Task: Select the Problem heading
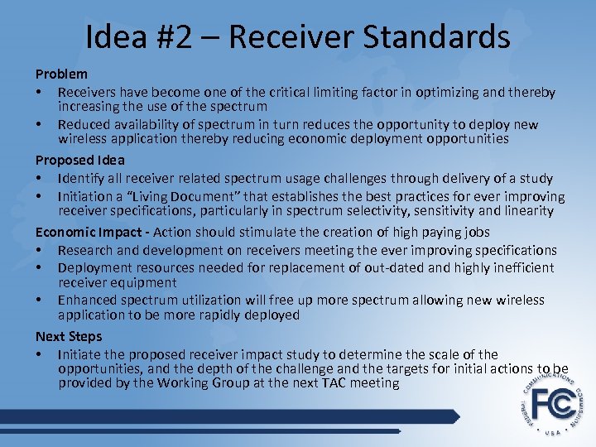tap(61, 74)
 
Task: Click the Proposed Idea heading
tap(80, 160)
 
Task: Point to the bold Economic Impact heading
tap(92, 233)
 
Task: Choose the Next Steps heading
tap(69, 336)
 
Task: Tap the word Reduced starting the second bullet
tap(84, 124)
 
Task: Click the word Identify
tap(81, 178)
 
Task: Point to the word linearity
tap(526, 211)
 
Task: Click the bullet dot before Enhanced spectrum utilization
tap(40, 300)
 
